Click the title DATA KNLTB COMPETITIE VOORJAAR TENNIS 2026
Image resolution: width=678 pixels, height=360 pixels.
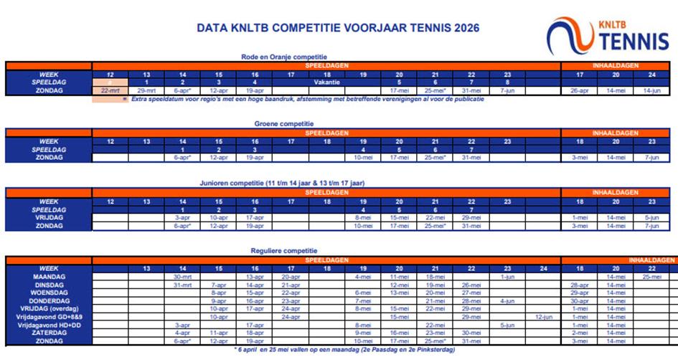click(338, 29)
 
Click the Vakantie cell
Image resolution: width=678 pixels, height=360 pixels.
click(326, 82)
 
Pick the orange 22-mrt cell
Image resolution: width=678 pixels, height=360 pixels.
click(110, 91)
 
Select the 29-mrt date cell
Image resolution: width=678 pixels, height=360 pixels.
click(146, 91)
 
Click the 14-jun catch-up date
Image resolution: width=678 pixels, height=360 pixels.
click(651, 91)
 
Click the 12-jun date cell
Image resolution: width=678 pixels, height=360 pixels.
click(543, 316)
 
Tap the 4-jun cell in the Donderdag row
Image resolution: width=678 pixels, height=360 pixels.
click(507, 300)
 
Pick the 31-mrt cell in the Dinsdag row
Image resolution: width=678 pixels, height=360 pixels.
click(182, 285)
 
